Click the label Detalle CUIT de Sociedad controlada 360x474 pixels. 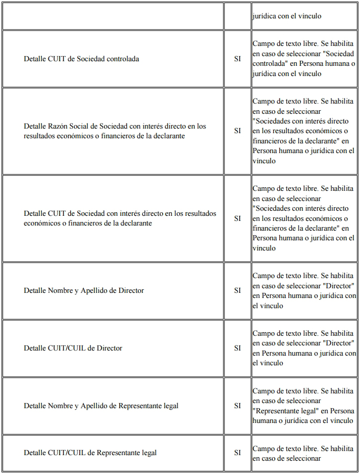click(x=81, y=59)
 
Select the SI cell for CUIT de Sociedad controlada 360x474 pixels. click(x=238, y=59)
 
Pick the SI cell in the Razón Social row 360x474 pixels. click(x=238, y=131)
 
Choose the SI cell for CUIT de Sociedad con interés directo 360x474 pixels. click(x=238, y=218)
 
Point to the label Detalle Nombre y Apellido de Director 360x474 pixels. click(x=84, y=291)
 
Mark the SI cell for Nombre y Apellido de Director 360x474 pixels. click(x=238, y=291)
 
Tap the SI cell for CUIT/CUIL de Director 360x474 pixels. click(x=238, y=348)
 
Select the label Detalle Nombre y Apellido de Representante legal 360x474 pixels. click(x=101, y=406)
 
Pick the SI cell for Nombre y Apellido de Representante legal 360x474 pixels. click(x=238, y=406)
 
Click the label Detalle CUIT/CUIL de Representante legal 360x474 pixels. click(x=90, y=453)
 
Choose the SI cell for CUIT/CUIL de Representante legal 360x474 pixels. click(x=238, y=453)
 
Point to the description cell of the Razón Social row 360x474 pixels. click(x=303, y=131)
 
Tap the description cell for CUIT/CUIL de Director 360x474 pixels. click(x=303, y=348)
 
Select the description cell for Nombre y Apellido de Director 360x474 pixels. click(x=303, y=291)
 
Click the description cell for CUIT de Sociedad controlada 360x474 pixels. click(x=303, y=59)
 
